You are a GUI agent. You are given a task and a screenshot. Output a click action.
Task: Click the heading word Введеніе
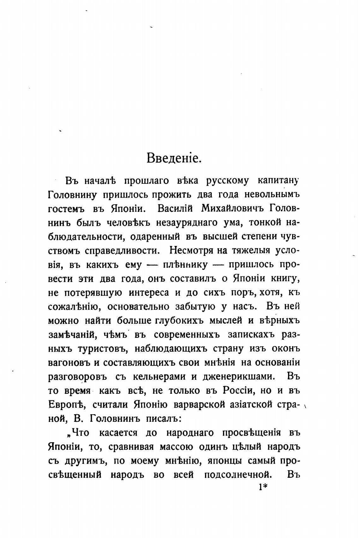[174, 158]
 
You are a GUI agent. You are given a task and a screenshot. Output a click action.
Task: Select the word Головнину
[72, 195]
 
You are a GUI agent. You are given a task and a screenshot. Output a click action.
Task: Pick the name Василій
[176, 209]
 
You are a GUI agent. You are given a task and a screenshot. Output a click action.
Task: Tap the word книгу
[285, 278]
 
